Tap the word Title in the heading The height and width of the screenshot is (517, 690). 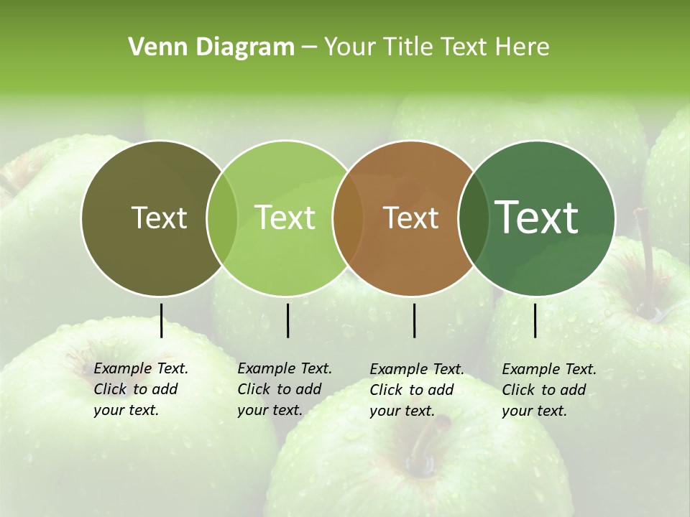point(409,47)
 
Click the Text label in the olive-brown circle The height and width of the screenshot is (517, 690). point(159,218)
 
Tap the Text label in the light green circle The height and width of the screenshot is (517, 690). point(285,218)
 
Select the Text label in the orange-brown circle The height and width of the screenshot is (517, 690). point(410,218)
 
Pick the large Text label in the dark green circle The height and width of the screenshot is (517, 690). point(537,218)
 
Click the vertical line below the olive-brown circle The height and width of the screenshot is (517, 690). point(161,320)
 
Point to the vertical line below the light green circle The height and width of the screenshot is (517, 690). point(287,320)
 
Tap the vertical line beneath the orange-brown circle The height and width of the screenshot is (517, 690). point(414,320)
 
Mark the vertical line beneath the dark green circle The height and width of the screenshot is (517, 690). point(535,320)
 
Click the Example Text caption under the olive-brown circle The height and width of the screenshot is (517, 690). point(140,389)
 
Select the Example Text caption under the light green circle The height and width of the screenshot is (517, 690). point(284,389)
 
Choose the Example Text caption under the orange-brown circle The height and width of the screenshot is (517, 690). point(416,390)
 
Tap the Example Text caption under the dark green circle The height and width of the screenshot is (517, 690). point(548,390)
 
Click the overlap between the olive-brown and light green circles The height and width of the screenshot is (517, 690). point(222,218)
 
